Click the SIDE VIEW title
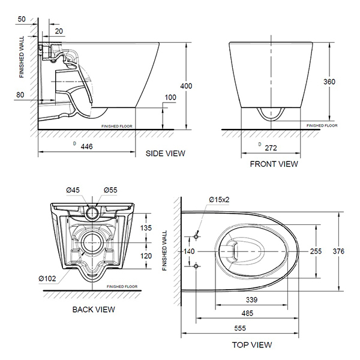166,154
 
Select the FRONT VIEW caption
274,164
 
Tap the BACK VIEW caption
94,310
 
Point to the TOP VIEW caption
252,344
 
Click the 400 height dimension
186,86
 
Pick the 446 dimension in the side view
86,146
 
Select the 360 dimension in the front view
329,82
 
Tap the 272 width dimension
271,148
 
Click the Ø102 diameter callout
47,278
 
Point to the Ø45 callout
73,190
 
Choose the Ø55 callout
110,190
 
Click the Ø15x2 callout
219,200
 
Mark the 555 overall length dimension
240,328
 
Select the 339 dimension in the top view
251,299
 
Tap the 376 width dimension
338,251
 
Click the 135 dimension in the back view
146,228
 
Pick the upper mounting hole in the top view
196,236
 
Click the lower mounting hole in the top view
196,266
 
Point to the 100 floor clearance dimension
170,97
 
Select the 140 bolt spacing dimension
189,251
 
